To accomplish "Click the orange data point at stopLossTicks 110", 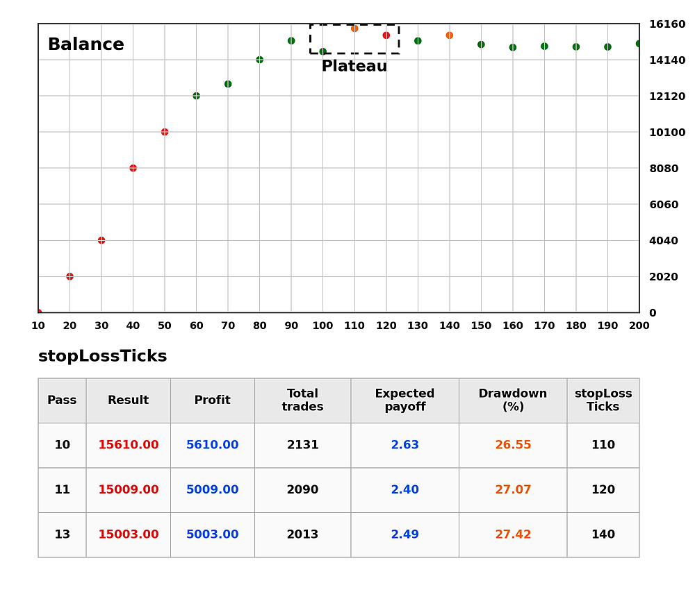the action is [354, 28].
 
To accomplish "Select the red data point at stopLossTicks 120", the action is [386, 35].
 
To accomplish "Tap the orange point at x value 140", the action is [450, 35].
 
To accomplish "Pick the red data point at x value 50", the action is [165, 132].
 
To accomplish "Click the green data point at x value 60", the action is [197, 96].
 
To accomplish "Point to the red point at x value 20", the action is [69, 277].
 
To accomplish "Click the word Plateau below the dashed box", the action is [354, 66].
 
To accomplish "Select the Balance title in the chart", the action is [86, 44].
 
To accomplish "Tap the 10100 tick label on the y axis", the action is [667, 133].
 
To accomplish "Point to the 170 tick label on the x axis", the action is [544, 326].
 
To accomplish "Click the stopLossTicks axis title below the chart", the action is [102, 356].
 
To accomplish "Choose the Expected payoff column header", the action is [404, 400].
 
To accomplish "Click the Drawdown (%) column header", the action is [513, 400].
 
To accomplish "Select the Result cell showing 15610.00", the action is [128, 445].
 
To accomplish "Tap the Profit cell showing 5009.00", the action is [212, 489].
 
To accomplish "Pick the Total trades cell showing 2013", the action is [302, 534].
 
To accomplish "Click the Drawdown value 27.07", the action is [513, 489].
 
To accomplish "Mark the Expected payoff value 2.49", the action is [404, 534].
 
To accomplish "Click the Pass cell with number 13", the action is [62, 534].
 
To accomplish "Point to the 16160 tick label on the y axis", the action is [667, 24].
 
